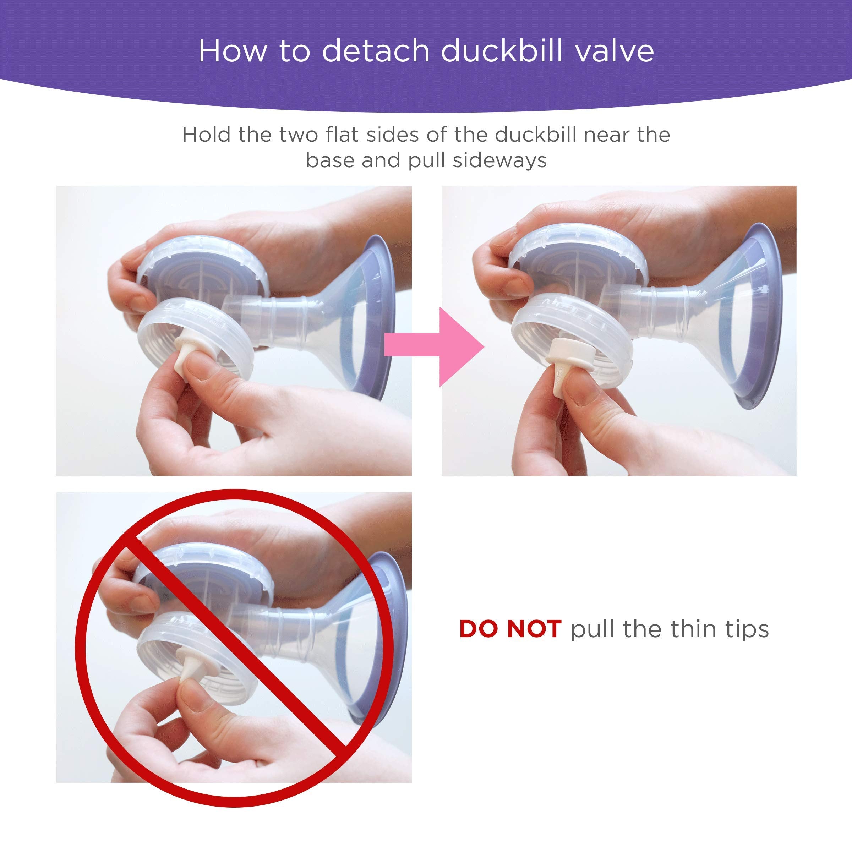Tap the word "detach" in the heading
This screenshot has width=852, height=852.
pos(375,51)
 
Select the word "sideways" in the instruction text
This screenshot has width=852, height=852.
pos(499,160)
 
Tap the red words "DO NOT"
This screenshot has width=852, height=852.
pos(510,629)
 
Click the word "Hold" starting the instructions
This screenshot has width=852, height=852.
pos(206,135)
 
